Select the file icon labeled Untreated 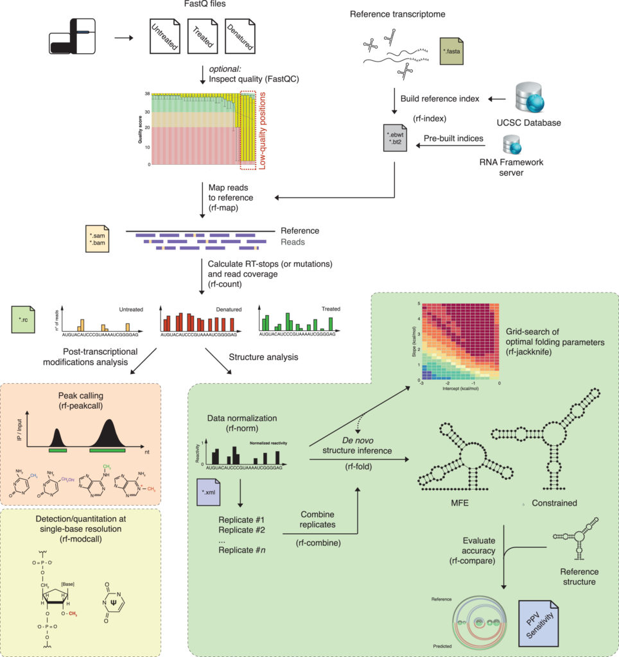click(162, 36)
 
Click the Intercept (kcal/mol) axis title click(457, 389)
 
